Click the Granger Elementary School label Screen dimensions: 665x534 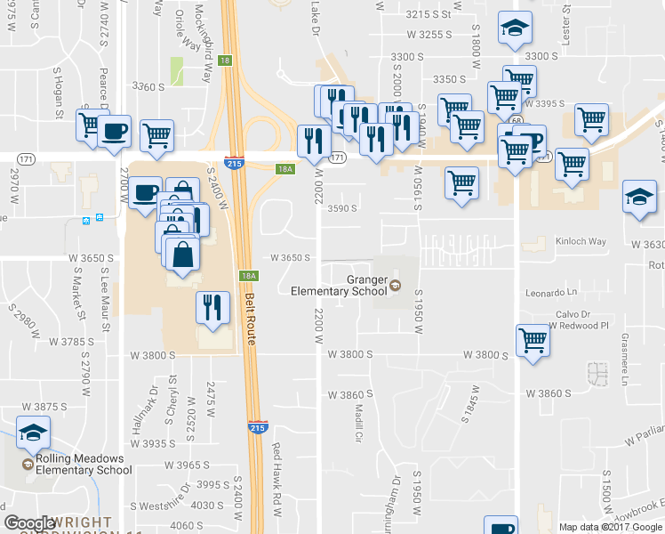340,285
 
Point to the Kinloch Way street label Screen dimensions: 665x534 581,242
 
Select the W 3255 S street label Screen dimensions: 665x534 430,35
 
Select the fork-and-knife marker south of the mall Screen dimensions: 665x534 212,307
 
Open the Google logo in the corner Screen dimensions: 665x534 30,522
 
